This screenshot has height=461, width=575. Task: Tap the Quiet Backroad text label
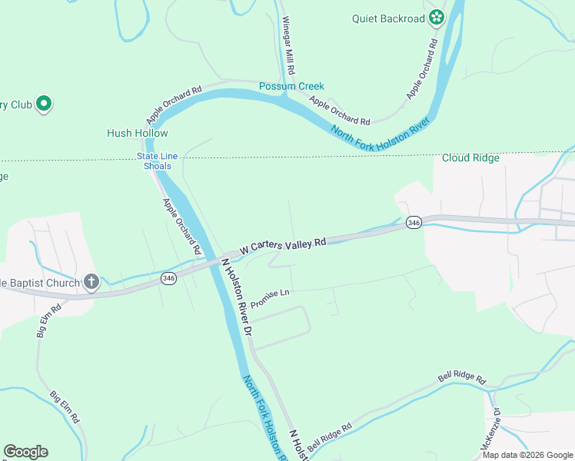click(x=389, y=18)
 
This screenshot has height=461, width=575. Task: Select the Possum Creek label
click(x=291, y=86)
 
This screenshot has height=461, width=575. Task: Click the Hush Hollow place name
click(x=137, y=133)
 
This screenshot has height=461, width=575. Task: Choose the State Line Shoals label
click(x=158, y=161)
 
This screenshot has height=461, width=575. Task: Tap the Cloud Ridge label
click(x=470, y=158)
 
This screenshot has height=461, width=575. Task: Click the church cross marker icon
click(x=91, y=282)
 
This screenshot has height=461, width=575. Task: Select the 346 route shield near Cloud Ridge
click(x=414, y=222)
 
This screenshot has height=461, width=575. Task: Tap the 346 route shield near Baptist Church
click(x=168, y=278)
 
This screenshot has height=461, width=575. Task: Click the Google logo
click(x=25, y=452)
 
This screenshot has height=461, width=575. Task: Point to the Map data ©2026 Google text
click(x=528, y=455)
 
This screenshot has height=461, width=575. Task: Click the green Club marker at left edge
click(x=44, y=103)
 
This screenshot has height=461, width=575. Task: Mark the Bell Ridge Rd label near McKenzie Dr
click(x=462, y=379)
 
